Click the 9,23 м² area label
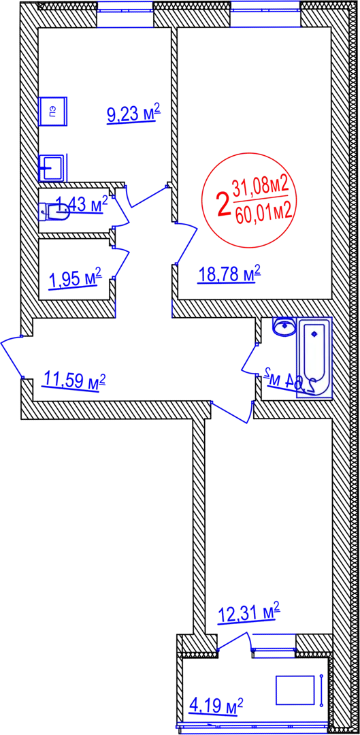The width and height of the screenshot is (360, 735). tap(134, 114)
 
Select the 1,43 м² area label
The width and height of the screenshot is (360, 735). tap(82, 204)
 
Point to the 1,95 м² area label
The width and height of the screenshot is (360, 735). tap(76, 280)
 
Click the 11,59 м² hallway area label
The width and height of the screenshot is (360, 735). tap(73, 380)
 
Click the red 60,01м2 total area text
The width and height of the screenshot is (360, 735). tap(264, 216)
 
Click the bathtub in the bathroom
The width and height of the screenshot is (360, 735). tap(314, 357)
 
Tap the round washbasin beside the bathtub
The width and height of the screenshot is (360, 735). tap(284, 327)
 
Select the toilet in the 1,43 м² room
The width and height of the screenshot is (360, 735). tap(55, 212)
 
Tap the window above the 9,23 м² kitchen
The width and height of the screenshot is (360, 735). tap(126, 15)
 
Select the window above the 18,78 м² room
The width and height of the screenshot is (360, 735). tap(265, 15)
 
